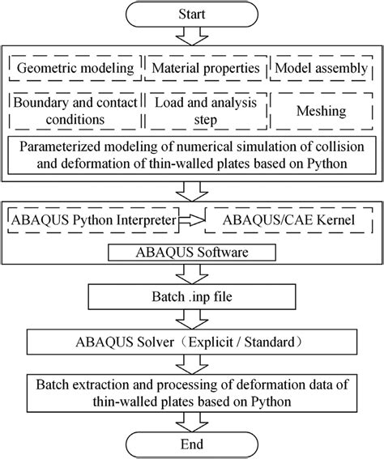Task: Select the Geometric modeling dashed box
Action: (76, 66)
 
